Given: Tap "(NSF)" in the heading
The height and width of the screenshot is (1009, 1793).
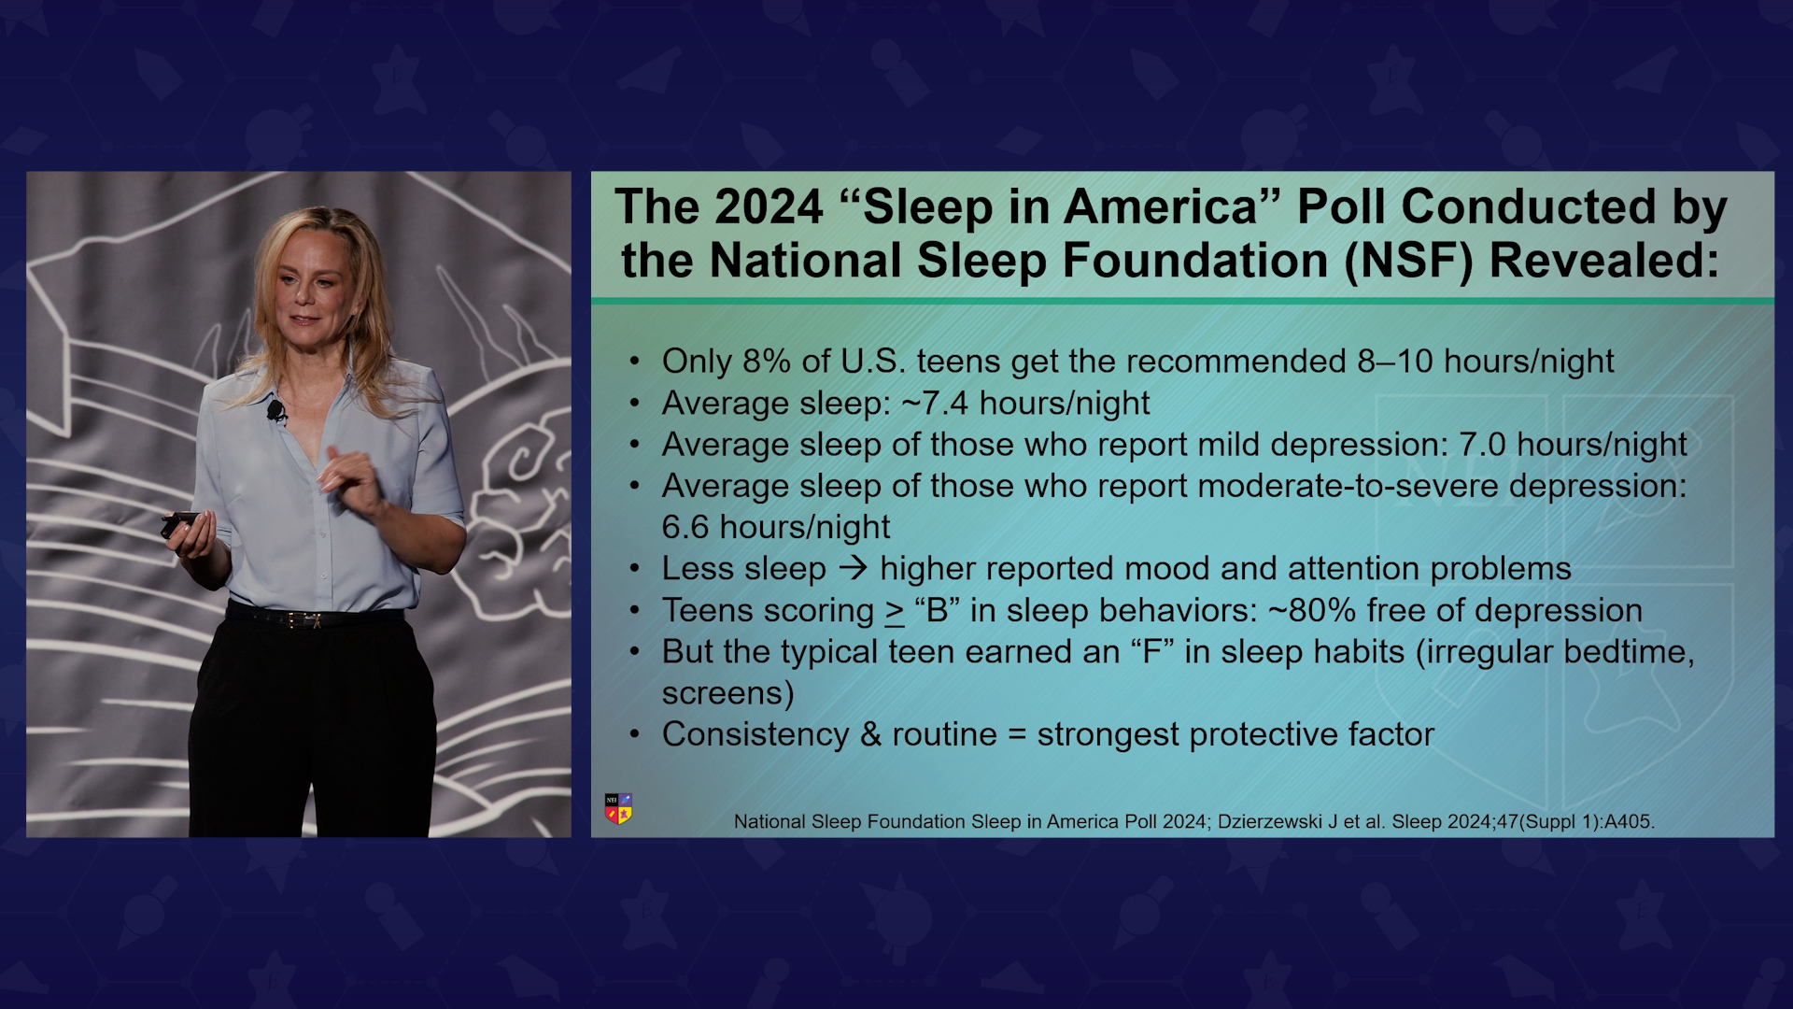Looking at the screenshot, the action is click(1408, 261).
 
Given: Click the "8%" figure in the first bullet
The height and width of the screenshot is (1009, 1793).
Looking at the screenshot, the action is click(767, 361).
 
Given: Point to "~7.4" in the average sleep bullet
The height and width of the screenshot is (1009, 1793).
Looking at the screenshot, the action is click(936, 403).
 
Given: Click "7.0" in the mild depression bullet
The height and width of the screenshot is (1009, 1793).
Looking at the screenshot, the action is click(1482, 445).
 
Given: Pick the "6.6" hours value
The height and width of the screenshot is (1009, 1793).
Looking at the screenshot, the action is click(685, 527).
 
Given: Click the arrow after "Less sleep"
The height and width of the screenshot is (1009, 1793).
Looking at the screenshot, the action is click(854, 568).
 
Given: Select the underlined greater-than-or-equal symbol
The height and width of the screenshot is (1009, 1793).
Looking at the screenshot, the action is click(895, 613).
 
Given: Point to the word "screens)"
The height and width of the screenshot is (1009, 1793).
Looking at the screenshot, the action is click(728, 693).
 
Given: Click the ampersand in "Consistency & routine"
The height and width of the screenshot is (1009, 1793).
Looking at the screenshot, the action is click(871, 734).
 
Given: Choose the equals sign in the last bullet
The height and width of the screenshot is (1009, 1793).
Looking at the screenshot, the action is click(1017, 735).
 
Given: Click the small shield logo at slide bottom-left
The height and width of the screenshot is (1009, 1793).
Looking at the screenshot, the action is click(618, 809).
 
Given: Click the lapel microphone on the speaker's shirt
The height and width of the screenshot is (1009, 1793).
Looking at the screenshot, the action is click(275, 409).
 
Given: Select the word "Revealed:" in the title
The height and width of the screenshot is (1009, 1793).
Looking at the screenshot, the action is click(1603, 261).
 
